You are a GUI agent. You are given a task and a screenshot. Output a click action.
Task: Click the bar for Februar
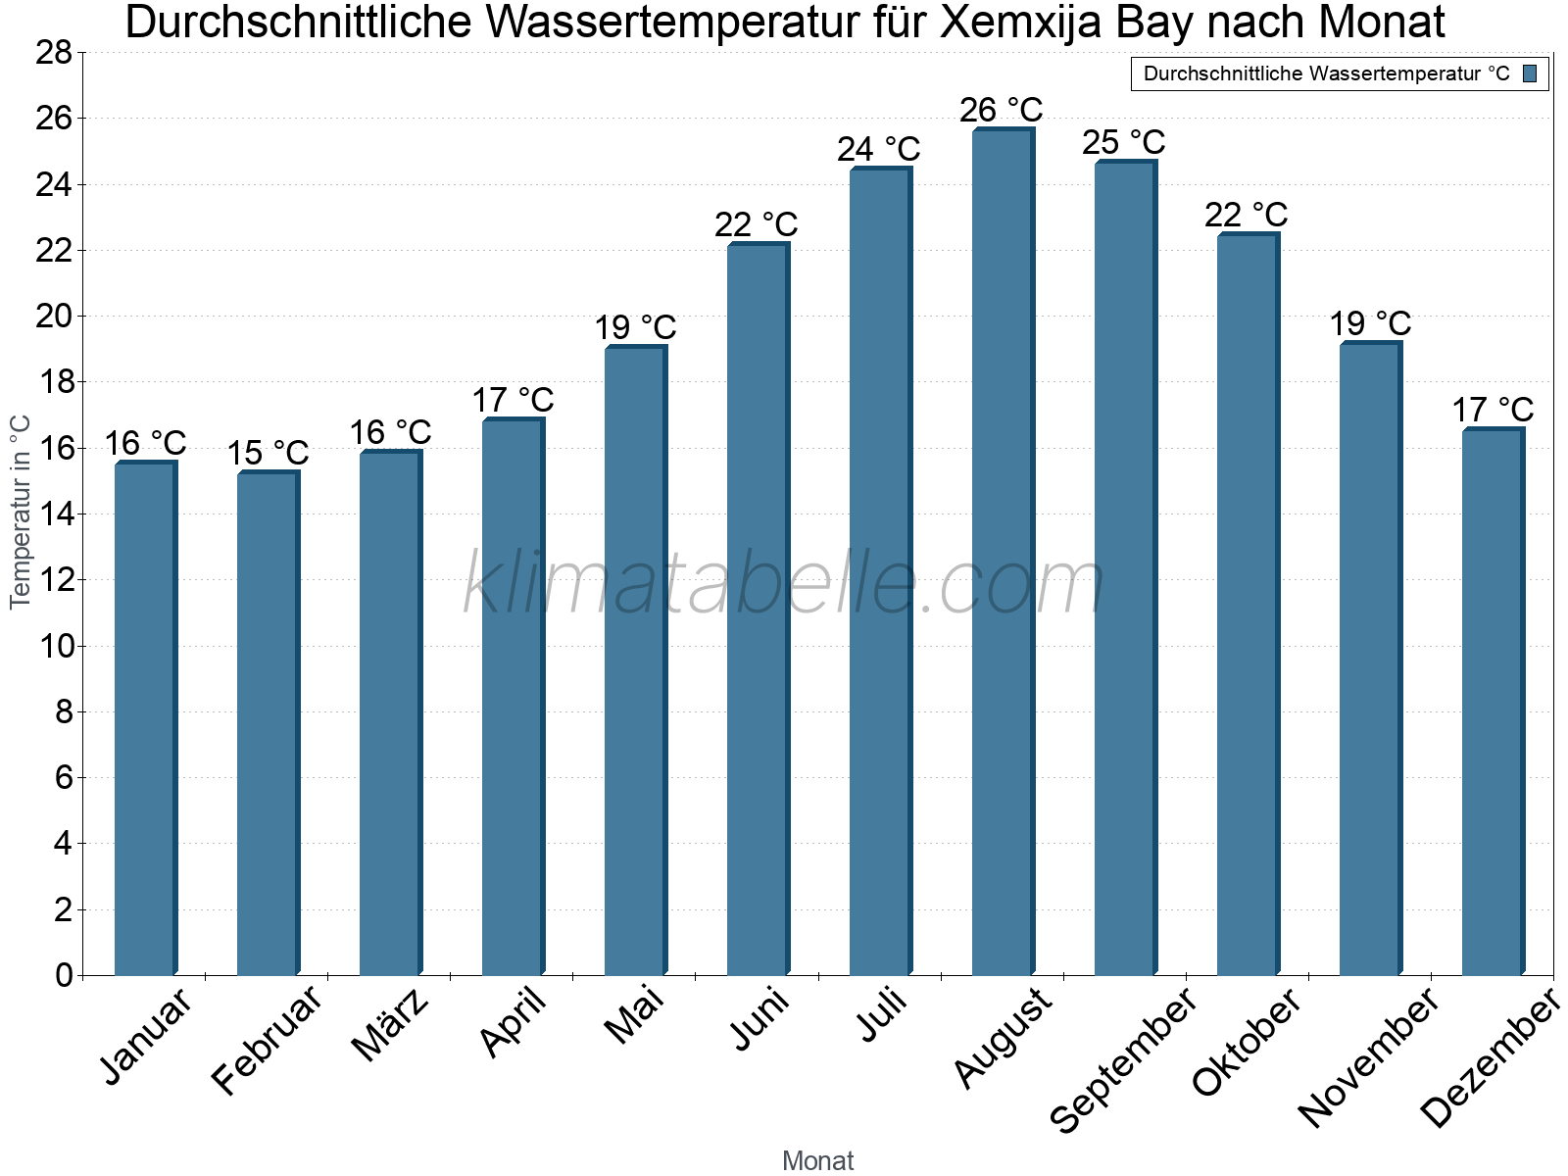(x=267, y=725)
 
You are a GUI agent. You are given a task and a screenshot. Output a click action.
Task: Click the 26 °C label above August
(x=1002, y=110)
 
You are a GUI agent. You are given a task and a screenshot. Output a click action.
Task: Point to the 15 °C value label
(x=268, y=453)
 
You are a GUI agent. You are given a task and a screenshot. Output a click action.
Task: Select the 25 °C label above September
(x=1124, y=143)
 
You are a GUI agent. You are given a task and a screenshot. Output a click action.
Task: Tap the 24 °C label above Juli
(x=879, y=150)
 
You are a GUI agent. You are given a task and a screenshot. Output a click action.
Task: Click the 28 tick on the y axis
(x=54, y=53)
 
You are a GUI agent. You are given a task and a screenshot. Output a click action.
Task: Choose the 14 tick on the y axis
(x=54, y=514)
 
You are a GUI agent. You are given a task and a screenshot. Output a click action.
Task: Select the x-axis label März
(x=390, y=1025)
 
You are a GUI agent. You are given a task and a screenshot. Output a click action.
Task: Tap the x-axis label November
(x=1368, y=1056)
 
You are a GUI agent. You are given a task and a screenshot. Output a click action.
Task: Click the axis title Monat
(x=818, y=1161)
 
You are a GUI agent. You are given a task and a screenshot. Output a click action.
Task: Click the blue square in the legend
(x=1531, y=73)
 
